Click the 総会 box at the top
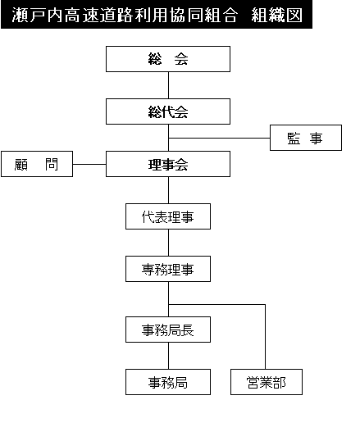click(168, 59)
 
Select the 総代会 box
click(168, 111)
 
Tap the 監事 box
click(306, 138)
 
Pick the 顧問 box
click(37, 164)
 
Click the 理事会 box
click(168, 164)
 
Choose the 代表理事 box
click(168, 216)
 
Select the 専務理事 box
click(168, 269)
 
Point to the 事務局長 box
click(168, 330)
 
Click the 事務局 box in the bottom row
click(168, 382)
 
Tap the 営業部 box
click(267, 382)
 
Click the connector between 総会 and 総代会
click(169, 85)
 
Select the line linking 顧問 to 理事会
click(89, 164)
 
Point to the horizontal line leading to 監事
click(219, 138)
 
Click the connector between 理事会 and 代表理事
click(169, 190)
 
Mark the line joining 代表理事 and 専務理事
click(169, 243)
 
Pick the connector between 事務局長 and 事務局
click(169, 356)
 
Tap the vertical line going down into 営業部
click(265, 337)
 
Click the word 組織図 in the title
click(276, 15)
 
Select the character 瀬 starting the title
click(20, 15)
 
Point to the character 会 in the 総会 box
click(181, 59)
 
